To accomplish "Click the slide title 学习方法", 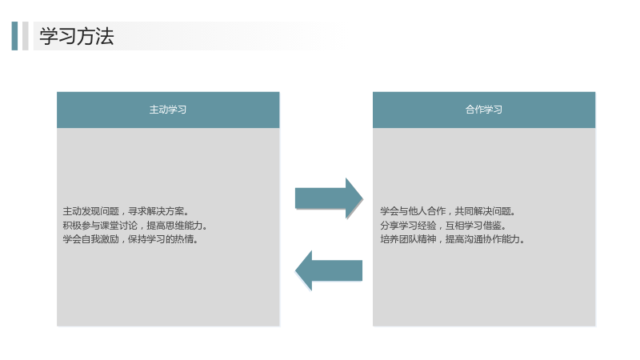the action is point(77,36).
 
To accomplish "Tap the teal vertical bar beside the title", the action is point(14,36).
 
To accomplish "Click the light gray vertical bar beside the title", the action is point(26,36).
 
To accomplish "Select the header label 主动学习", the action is point(168,110).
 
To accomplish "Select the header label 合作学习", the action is point(484,110).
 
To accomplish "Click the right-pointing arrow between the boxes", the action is point(329,198).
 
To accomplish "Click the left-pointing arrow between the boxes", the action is point(329,270).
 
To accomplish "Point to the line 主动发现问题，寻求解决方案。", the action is point(126,211).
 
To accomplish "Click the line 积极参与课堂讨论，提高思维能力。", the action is point(135,226).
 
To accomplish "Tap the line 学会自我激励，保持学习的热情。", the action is point(130,239).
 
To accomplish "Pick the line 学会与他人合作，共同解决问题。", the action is point(448,211).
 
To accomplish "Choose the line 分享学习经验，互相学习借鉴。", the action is point(443,226).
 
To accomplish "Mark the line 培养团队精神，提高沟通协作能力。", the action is point(452,239).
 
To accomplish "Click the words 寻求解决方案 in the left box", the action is point(156,211).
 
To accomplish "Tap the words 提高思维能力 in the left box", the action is point(174,226).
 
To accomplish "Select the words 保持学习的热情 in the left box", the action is point(161,239).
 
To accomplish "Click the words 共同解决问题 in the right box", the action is point(483,211).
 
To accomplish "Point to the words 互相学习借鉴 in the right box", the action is point(474,226).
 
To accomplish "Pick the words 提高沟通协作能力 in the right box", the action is point(482,239).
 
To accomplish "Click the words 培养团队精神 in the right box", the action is point(408,239).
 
